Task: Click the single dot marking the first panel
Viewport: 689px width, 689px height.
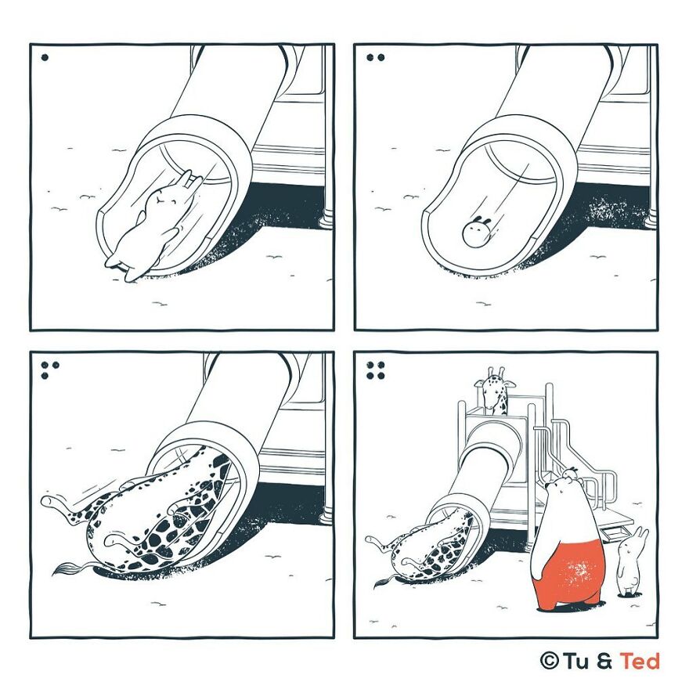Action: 45,57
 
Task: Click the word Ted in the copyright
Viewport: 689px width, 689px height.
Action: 640,661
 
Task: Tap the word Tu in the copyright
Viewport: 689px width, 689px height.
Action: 577,661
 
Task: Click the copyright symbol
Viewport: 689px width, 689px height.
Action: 550,661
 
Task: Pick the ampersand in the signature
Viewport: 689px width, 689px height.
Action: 605,661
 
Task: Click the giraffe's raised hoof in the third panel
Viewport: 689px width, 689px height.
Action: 49,500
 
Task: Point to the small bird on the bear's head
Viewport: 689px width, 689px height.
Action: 570,472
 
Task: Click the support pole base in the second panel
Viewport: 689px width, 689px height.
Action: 651,218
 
